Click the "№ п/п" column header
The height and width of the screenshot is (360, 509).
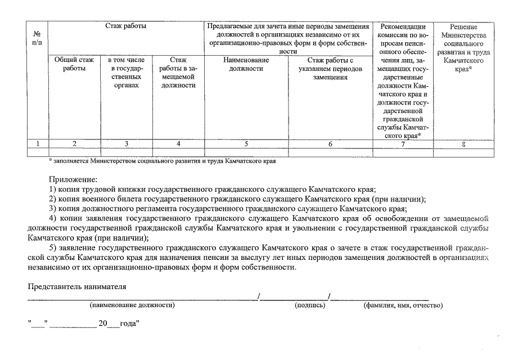[x=37, y=38]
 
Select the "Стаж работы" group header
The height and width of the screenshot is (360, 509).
[x=126, y=26]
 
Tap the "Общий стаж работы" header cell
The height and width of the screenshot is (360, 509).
[x=74, y=64]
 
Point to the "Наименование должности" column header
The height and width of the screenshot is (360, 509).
[x=246, y=64]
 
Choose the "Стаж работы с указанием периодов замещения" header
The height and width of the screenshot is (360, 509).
[x=330, y=68]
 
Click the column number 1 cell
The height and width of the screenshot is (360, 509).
[x=37, y=144]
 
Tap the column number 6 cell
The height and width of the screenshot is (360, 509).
[x=330, y=144]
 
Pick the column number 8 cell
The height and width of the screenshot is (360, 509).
[x=463, y=144]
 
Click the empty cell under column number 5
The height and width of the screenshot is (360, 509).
[x=246, y=152]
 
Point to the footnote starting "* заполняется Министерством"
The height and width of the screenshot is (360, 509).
[x=163, y=162]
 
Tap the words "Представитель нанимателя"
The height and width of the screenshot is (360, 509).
[x=77, y=286]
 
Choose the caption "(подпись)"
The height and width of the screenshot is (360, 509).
[x=310, y=305]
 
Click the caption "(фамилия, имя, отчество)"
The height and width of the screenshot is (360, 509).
[x=403, y=305]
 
